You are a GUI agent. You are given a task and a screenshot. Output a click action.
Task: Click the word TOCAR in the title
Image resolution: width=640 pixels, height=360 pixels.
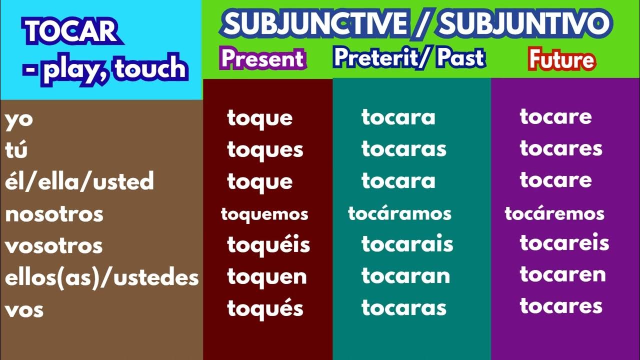click(70, 31)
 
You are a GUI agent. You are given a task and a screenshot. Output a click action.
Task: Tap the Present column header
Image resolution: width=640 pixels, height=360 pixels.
click(263, 59)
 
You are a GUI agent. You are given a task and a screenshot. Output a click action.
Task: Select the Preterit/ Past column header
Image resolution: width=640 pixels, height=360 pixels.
click(409, 58)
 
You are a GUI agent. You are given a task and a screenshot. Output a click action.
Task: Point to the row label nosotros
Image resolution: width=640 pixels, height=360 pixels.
click(54, 214)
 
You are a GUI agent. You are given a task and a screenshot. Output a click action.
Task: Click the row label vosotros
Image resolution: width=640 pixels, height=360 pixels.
click(54, 245)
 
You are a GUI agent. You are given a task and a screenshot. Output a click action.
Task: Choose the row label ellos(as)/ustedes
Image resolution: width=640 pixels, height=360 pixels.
click(101, 277)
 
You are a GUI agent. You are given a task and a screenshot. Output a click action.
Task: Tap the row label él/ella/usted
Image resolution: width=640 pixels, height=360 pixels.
click(79, 181)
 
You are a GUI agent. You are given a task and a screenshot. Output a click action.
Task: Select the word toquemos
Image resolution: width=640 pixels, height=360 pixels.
click(264, 214)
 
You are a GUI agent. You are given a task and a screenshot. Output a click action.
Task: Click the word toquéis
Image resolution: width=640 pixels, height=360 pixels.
click(268, 245)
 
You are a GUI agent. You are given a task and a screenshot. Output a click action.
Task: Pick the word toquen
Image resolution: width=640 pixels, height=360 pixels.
click(267, 276)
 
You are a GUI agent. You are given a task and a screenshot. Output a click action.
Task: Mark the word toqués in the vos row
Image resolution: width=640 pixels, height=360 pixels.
click(265, 308)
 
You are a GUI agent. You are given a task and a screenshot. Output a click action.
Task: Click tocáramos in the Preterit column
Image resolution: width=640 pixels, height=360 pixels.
click(399, 214)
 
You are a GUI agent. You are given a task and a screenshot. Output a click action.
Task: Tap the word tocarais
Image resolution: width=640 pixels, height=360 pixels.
click(407, 244)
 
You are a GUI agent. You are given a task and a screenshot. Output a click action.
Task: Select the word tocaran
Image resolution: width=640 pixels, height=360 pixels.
click(405, 276)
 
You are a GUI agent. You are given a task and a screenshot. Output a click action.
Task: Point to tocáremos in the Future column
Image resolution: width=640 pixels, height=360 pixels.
click(554, 214)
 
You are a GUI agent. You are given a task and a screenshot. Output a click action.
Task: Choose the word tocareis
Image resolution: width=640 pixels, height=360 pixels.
click(564, 243)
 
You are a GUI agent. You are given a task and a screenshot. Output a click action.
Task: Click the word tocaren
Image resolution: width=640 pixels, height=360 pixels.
click(563, 274)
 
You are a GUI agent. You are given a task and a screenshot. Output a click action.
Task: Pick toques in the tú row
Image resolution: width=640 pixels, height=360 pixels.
click(265, 149)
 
